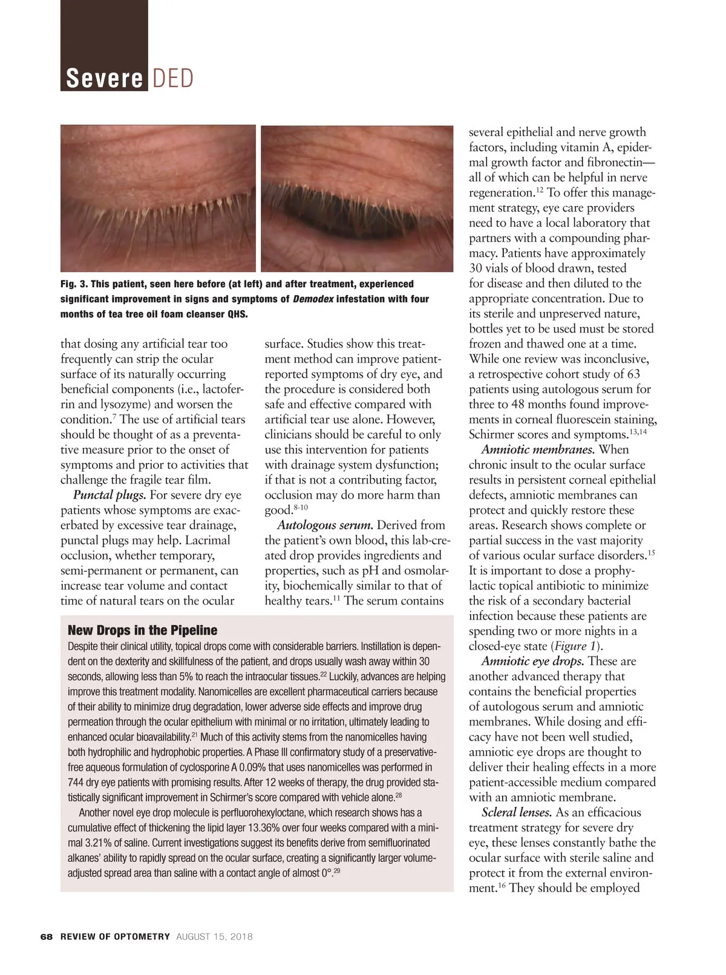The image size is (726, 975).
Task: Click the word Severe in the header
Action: click(104, 79)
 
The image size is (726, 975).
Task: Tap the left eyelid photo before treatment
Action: click(158, 198)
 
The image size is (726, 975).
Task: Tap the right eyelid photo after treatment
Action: click(357, 198)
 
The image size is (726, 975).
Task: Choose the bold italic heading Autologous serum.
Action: click(324, 525)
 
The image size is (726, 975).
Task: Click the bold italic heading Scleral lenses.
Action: click(515, 812)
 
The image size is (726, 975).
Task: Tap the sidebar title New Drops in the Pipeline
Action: click(142, 630)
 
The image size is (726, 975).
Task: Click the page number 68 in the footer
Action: click(47, 937)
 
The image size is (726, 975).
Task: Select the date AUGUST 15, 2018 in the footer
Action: click(214, 937)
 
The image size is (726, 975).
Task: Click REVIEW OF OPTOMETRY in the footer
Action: click(115, 937)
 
